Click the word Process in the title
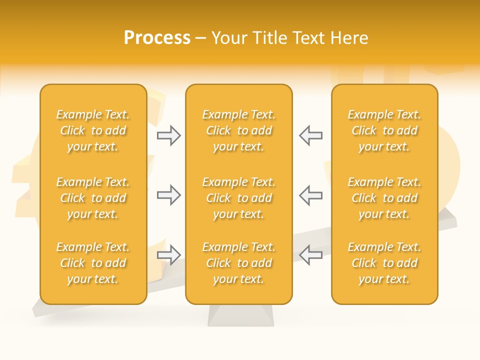(x=157, y=38)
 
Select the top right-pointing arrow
(x=169, y=135)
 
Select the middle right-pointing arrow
(x=169, y=195)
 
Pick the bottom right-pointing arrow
(x=169, y=255)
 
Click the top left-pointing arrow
(x=310, y=135)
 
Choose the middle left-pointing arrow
(x=310, y=195)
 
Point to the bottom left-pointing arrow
(x=310, y=255)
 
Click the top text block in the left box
(x=93, y=130)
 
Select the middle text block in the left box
(x=93, y=198)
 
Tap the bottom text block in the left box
(x=93, y=263)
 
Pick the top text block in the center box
(x=238, y=130)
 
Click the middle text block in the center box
(x=238, y=198)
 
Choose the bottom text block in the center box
(x=238, y=263)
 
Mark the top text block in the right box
(x=384, y=130)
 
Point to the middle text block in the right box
(x=384, y=198)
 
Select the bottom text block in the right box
(x=384, y=263)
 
